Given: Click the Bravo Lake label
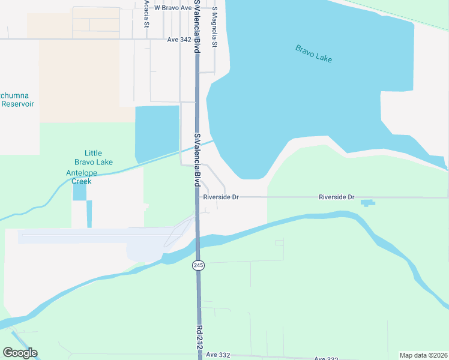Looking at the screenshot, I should click(x=313, y=53).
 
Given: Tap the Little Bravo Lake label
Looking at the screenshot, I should click(x=98, y=157).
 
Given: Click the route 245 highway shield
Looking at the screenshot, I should click(x=197, y=265).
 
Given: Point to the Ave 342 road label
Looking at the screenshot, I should click(x=179, y=40).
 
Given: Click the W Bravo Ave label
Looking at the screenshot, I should click(x=173, y=8).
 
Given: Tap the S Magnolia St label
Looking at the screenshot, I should click(x=214, y=31).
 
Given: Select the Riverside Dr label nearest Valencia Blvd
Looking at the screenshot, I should click(x=221, y=197).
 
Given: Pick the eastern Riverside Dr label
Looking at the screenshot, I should click(x=337, y=197).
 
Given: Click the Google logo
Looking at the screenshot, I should click(x=20, y=353).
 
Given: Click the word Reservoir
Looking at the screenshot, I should click(x=17, y=104).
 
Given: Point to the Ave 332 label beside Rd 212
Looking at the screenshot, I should click(x=218, y=355).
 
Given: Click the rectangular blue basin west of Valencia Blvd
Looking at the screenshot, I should click(x=157, y=133).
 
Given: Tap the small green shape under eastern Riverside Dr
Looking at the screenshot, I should click(x=367, y=203).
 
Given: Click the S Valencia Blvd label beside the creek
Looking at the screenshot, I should click(x=196, y=159).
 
